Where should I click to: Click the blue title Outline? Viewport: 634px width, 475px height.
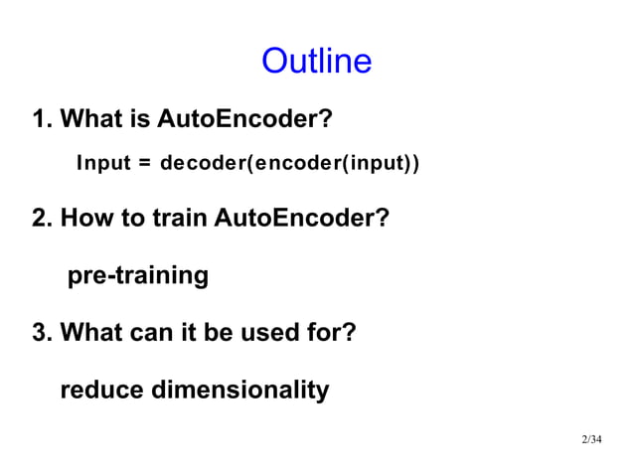(x=316, y=62)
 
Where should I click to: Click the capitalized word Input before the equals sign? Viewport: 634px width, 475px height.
(x=103, y=162)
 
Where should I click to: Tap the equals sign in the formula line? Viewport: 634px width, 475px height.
(x=145, y=162)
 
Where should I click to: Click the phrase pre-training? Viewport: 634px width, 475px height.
(x=137, y=275)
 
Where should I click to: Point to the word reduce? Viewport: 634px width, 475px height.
(x=101, y=391)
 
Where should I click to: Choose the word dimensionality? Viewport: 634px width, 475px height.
(x=239, y=391)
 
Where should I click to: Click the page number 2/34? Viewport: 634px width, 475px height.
(x=591, y=439)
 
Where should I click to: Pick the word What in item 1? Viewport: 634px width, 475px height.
(x=91, y=121)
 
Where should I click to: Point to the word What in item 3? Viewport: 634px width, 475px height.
(x=91, y=331)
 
